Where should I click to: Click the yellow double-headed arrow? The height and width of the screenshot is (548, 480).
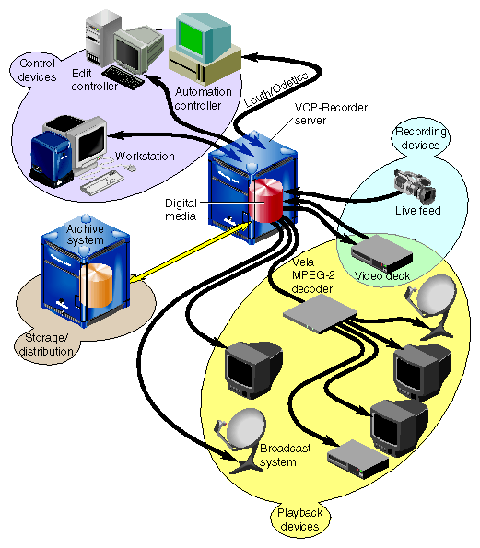[190, 253]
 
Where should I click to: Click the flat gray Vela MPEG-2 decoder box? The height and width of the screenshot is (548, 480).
[317, 319]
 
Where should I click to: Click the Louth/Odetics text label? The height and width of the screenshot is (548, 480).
[268, 96]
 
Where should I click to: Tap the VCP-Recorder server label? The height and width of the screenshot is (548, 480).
[331, 114]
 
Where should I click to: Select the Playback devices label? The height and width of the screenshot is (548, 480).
[298, 519]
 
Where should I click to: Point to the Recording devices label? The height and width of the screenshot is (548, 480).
[420, 138]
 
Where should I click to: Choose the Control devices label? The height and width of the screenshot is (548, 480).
[36, 69]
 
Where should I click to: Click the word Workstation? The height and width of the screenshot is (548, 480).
[145, 157]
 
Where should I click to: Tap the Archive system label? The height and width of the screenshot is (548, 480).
[85, 235]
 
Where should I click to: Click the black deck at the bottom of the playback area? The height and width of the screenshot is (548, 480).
[357, 459]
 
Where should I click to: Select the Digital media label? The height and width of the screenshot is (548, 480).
[181, 209]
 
